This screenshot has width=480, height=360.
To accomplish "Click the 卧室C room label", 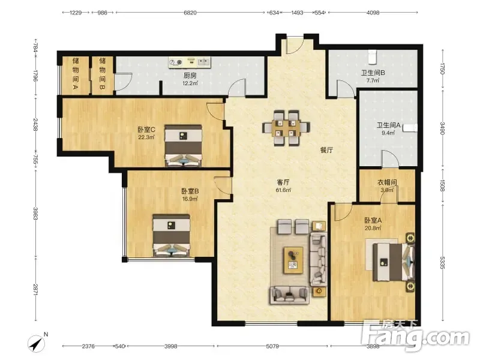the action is (146, 130).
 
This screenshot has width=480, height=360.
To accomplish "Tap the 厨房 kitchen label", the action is (190, 76).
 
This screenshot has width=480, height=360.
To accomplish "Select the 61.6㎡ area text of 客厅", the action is (283, 190).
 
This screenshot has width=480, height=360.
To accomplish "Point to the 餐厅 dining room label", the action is (326, 151).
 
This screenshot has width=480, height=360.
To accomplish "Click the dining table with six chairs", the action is (286, 128).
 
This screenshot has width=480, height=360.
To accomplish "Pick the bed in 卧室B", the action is (172, 235).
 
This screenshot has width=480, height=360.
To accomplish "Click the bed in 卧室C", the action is (184, 145).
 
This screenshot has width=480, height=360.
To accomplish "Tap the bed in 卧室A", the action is (394, 262).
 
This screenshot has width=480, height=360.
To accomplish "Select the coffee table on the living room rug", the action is (293, 260).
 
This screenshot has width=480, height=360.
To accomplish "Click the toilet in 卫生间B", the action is (372, 57).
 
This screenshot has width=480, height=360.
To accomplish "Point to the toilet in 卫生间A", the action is (410, 128).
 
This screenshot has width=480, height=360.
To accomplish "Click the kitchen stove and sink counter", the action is (190, 62).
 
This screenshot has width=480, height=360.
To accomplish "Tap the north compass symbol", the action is (37, 343).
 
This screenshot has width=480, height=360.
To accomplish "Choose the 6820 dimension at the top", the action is (190, 13).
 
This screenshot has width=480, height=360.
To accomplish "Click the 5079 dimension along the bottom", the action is (272, 346).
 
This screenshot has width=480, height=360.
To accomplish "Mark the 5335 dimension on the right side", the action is (443, 263).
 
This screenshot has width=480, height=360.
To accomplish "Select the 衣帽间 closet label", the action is (387, 182).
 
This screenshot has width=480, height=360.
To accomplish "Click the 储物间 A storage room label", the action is (76, 74).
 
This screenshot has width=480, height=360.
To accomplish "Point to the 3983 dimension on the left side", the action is (35, 214).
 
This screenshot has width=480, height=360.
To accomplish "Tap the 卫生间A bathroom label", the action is (388, 125).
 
